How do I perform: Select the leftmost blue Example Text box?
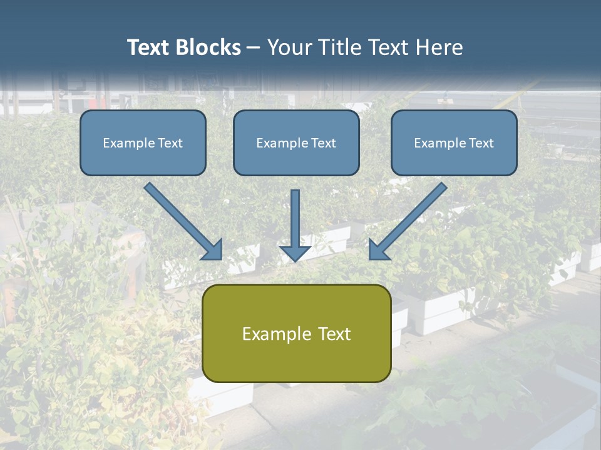coord(143,142)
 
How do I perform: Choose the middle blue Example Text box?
coord(296,142)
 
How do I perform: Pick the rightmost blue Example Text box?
coord(454,142)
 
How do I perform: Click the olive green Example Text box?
coord(296,333)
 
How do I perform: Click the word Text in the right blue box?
coord(481,143)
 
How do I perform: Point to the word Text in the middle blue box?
coord(323,143)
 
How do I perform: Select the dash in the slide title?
coord(254,48)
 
